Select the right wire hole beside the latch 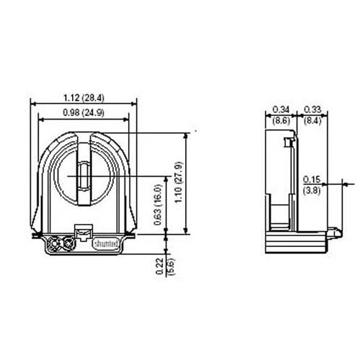(x=69, y=244)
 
